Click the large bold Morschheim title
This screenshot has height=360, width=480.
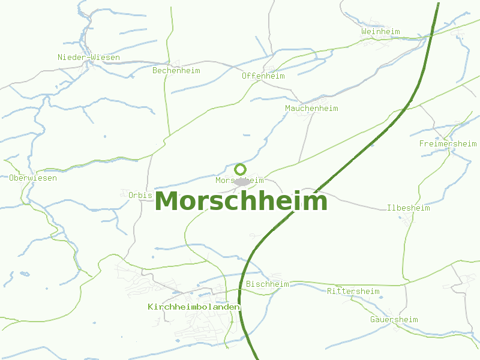click(241, 202)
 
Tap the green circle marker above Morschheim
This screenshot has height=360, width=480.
click(241, 169)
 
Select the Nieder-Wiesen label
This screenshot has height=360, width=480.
click(89, 58)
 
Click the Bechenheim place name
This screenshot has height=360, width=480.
click(176, 71)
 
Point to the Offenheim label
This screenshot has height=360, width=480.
click(263, 76)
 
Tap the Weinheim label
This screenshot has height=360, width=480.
click(380, 31)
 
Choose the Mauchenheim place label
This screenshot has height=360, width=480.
click(311, 109)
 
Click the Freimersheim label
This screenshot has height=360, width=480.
click(448, 144)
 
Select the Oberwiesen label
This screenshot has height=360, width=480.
click(33, 178)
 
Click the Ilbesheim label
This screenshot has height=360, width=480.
click(409, 208)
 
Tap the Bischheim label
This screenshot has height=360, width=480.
click(268, 284)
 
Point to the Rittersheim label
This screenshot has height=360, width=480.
click(353, 292)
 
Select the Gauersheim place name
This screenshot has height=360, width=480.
click(394, 320)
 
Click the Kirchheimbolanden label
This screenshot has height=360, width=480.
click(194, 307)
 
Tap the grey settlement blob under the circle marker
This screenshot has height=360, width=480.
click(242, 181)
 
